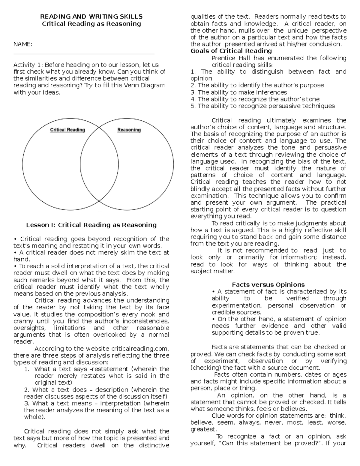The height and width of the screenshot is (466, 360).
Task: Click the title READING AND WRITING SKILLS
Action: [x=91, y=17]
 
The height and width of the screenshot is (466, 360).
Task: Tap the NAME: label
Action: [x=23, y=44]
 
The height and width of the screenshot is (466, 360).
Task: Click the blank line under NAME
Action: [x=84, y=54]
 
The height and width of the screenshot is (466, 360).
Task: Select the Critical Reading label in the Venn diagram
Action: [x=67, y=130]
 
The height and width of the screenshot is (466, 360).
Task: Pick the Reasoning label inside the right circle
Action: [x=129, y=130]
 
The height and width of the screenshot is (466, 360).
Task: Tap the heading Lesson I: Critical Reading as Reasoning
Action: [x=91, y=225]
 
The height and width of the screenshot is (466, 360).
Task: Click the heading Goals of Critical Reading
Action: [x=231, y=51]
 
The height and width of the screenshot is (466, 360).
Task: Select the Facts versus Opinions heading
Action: [x=268, y=285]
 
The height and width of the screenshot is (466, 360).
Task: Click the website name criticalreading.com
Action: [x=140, y=349]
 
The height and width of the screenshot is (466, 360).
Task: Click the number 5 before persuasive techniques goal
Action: [x=193, y=106]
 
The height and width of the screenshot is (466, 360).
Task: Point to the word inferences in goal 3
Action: [x=272, y=92]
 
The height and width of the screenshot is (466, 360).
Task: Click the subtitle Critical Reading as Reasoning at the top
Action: [x=91, y=24]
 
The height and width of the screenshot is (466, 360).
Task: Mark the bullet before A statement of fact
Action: [x=213, y=292]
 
